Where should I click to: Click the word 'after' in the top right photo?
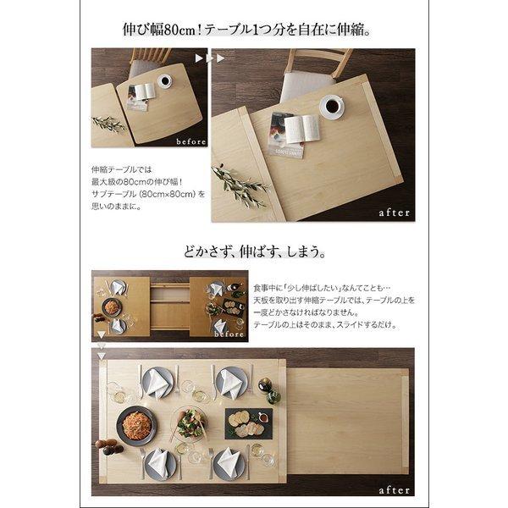(x=391, y=212)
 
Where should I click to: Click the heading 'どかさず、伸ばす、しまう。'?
(x=254, y=251)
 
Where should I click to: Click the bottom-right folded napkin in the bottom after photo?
(x=228, y=461)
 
